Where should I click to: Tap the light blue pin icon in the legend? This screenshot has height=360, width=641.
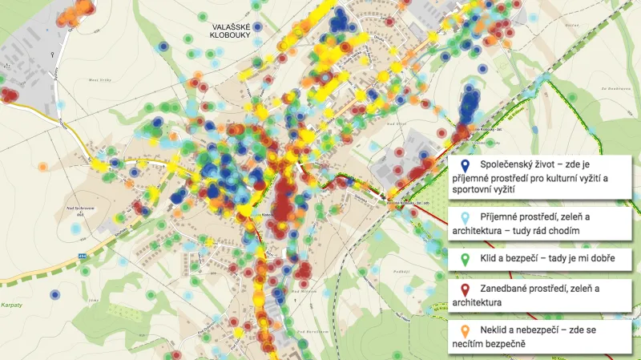coord(465,216)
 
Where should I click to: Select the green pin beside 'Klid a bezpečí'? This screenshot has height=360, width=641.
coord(465,260)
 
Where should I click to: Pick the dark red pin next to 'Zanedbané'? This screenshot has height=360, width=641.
coord(465,289)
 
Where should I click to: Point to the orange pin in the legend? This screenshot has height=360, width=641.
coord(465,332)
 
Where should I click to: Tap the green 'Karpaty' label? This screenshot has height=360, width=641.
coord(12,283)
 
